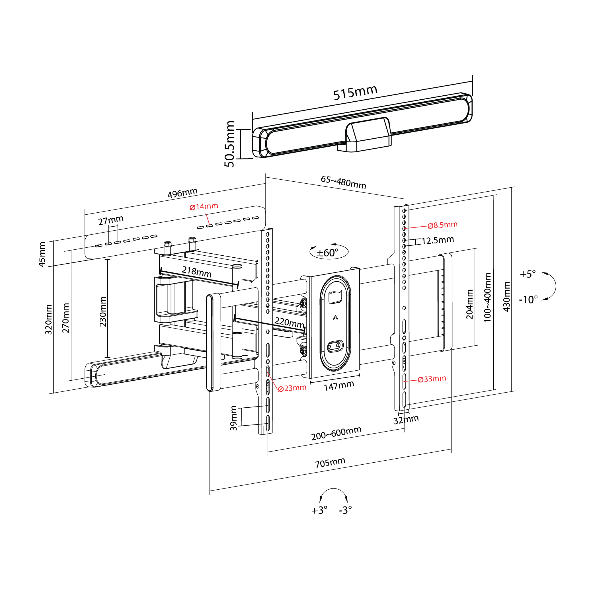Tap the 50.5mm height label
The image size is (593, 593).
[229, 144]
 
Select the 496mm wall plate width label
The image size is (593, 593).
[182, 193]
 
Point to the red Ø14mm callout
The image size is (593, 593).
[204, 207]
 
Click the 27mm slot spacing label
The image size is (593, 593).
[111, 220]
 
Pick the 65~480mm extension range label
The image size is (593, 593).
[343, 182]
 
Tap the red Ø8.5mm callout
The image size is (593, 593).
[442, 225]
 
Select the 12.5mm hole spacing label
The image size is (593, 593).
[437, 240]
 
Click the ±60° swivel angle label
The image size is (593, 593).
[327, 253]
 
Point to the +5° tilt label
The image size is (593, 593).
[528, 274]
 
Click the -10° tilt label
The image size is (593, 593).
[528, 299]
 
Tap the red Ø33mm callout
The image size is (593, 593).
[432, 379]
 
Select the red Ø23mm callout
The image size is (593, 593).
[292, 388]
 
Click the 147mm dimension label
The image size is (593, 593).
[339, 386]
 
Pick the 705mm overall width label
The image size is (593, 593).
[330, 463]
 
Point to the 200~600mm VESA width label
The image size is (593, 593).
[336, 433]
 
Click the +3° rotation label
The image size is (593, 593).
[319, 510]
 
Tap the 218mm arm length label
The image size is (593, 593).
[196, 272]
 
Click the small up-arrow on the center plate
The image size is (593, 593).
[335, 318]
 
